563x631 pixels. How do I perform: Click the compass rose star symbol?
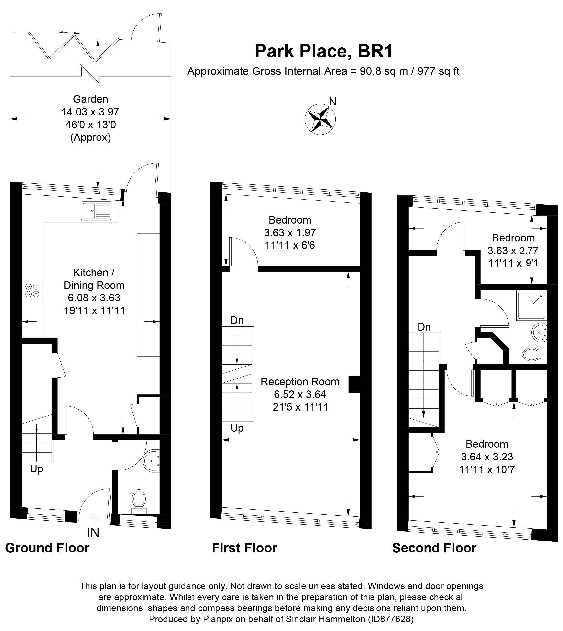pyautogui.click(x=320, y=119)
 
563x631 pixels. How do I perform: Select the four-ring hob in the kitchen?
pyautogui.click(x=32, y=290)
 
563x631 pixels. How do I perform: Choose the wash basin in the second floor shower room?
pyautogui.click(x=539, y=333)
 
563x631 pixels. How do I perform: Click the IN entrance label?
pyautogui.click(x=93, y=533)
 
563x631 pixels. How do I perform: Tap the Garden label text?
pyautogui.click(x=90, y=99)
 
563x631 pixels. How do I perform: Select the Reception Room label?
pyautogui.click(x=300, y=382)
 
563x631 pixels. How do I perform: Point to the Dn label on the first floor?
pyautogui.click(x=237, y=320)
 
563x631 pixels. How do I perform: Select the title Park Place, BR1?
pyautogui.click(x=324, y=51)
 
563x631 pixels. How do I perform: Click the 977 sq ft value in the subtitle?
pyautogui.click(x=438, y=71)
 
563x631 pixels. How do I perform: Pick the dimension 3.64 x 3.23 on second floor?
pyautogui.click(x=487, y=457)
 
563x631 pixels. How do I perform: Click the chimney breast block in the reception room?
pyautogui.click(x=354, y=384)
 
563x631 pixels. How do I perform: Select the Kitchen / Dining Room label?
pyautogui.click(x=94, y=279)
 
